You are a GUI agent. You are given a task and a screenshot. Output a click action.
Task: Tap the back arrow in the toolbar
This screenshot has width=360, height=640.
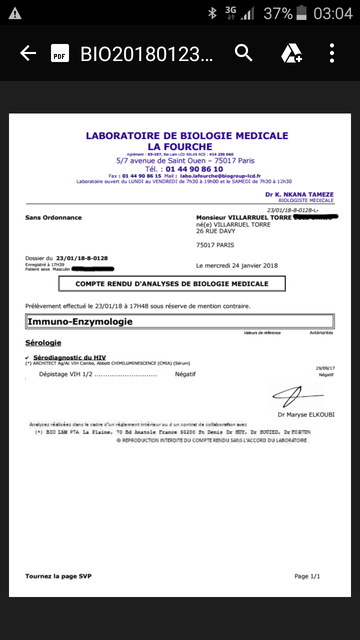coord(28,53)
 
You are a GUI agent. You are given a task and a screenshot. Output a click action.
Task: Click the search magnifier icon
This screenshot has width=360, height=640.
coord(243,52)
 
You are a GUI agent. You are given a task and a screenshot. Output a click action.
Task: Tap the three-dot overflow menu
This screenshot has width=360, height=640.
coord(331,53)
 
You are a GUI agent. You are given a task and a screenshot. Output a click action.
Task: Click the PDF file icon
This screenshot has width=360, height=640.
coord(59,53)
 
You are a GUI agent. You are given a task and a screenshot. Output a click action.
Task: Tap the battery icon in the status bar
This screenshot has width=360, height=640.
coord(301,13)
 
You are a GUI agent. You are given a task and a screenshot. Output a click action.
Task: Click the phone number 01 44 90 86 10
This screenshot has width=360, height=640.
coord(184,169)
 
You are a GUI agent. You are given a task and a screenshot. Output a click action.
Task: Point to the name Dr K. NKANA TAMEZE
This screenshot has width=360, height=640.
coord(299,194)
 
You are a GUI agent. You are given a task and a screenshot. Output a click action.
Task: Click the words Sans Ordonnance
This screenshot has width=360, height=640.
coord(53,217)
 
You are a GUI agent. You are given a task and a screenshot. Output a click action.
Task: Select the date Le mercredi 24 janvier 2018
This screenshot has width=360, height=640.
coord(237,265)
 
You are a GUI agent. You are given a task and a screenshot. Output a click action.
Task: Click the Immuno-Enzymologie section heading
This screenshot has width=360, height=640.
coord(80,321)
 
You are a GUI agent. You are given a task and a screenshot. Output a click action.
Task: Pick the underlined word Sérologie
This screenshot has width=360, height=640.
coord(43,343)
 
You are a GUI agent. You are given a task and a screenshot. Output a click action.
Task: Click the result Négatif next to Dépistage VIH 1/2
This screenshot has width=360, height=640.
coord(185,374)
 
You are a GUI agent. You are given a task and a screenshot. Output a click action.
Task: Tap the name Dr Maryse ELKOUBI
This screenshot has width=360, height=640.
coord(305,415)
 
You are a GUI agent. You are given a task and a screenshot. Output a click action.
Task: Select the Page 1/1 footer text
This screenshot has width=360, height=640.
coord(307,576)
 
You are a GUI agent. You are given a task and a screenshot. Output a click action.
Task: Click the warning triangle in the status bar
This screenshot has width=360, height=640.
coord(15,13)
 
